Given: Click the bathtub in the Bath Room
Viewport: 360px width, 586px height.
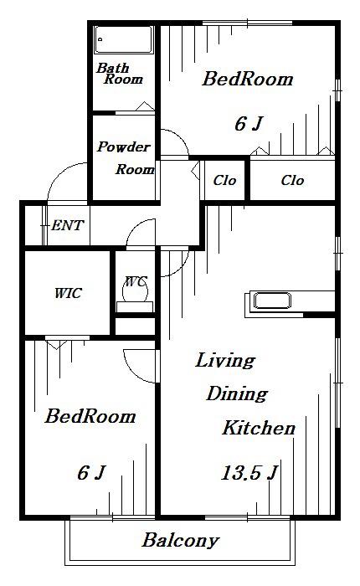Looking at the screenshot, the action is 124,39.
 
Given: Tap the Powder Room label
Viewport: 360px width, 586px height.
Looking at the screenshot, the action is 126,157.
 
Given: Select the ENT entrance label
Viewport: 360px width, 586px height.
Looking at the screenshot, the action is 67,225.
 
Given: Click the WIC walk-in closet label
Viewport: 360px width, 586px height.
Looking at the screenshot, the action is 68,293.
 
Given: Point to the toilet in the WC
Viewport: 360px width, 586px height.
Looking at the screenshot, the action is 135,291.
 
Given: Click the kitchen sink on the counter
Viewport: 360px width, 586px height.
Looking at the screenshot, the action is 272,301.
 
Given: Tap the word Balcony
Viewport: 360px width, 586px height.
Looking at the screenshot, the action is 180,541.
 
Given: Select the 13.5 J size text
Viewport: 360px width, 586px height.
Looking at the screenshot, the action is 249,472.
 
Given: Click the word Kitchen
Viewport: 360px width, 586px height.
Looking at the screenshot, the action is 259,428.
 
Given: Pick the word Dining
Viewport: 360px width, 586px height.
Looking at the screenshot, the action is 237,394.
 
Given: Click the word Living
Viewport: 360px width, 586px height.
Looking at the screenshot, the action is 225,361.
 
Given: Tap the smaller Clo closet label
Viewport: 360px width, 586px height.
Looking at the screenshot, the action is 224,181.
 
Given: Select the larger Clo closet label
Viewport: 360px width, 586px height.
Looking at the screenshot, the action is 292,181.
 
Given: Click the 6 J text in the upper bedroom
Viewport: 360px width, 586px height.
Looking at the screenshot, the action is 249,124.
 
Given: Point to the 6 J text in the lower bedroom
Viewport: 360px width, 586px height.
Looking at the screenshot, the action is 91,472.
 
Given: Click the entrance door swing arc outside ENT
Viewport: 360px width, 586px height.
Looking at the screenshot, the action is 59,172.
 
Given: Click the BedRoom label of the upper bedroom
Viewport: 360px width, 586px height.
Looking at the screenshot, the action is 248,79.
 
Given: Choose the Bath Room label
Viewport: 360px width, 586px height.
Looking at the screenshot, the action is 120,74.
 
